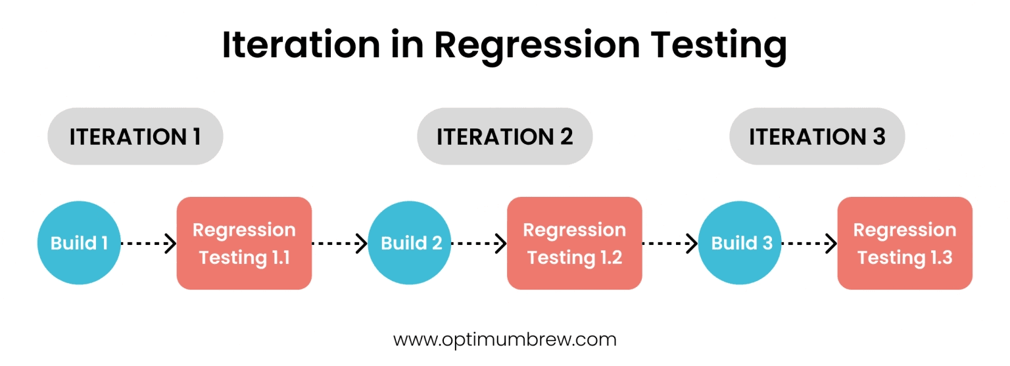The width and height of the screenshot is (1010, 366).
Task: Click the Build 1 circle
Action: [x=79, y=243]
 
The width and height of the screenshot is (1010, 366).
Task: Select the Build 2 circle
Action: [x=410, y=243]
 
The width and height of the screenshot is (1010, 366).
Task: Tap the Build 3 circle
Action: [x=740, y=243]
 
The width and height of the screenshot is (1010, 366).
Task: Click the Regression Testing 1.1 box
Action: [x=244, y=244]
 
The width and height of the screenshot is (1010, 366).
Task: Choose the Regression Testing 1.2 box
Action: [x=575, y=244]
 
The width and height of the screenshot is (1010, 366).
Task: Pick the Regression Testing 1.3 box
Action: [x=905, y=244]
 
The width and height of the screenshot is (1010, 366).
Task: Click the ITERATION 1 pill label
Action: [x=135, y=136]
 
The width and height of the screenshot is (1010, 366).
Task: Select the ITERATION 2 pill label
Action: [x=504, y=136]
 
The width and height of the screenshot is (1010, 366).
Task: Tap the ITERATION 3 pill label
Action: [x=817, y=136]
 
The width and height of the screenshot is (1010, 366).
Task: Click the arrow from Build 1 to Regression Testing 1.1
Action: [x=149, y=244]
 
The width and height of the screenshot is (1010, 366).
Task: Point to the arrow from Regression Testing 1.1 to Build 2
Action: [x=339, y=244]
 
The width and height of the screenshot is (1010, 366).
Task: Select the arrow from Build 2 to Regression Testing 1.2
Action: [x=479, y=244]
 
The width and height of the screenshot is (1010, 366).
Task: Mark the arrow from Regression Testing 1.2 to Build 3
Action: [x=670, y=244]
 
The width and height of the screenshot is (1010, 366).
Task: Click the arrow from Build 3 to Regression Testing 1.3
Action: [x=810, y=244]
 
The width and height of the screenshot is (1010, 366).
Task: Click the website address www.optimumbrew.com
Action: [x=504, y=340]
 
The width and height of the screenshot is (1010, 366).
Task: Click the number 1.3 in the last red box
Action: [x=942, y=257]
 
